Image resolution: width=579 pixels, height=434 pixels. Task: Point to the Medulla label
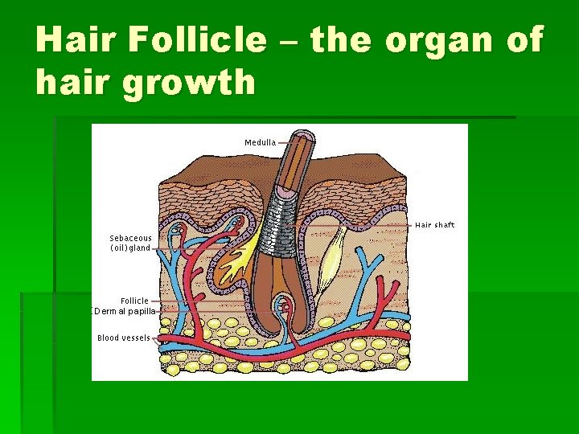point(260,142)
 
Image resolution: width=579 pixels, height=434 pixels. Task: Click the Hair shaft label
point(434,225)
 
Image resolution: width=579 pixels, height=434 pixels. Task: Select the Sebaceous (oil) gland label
point(130,244)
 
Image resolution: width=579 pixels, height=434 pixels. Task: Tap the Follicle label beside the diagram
point(134,301)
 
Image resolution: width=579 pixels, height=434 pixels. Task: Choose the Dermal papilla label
point(123,311)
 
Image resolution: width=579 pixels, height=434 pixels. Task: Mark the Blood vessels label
point(123,338)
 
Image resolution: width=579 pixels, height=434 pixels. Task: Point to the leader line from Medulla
point(286,142)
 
